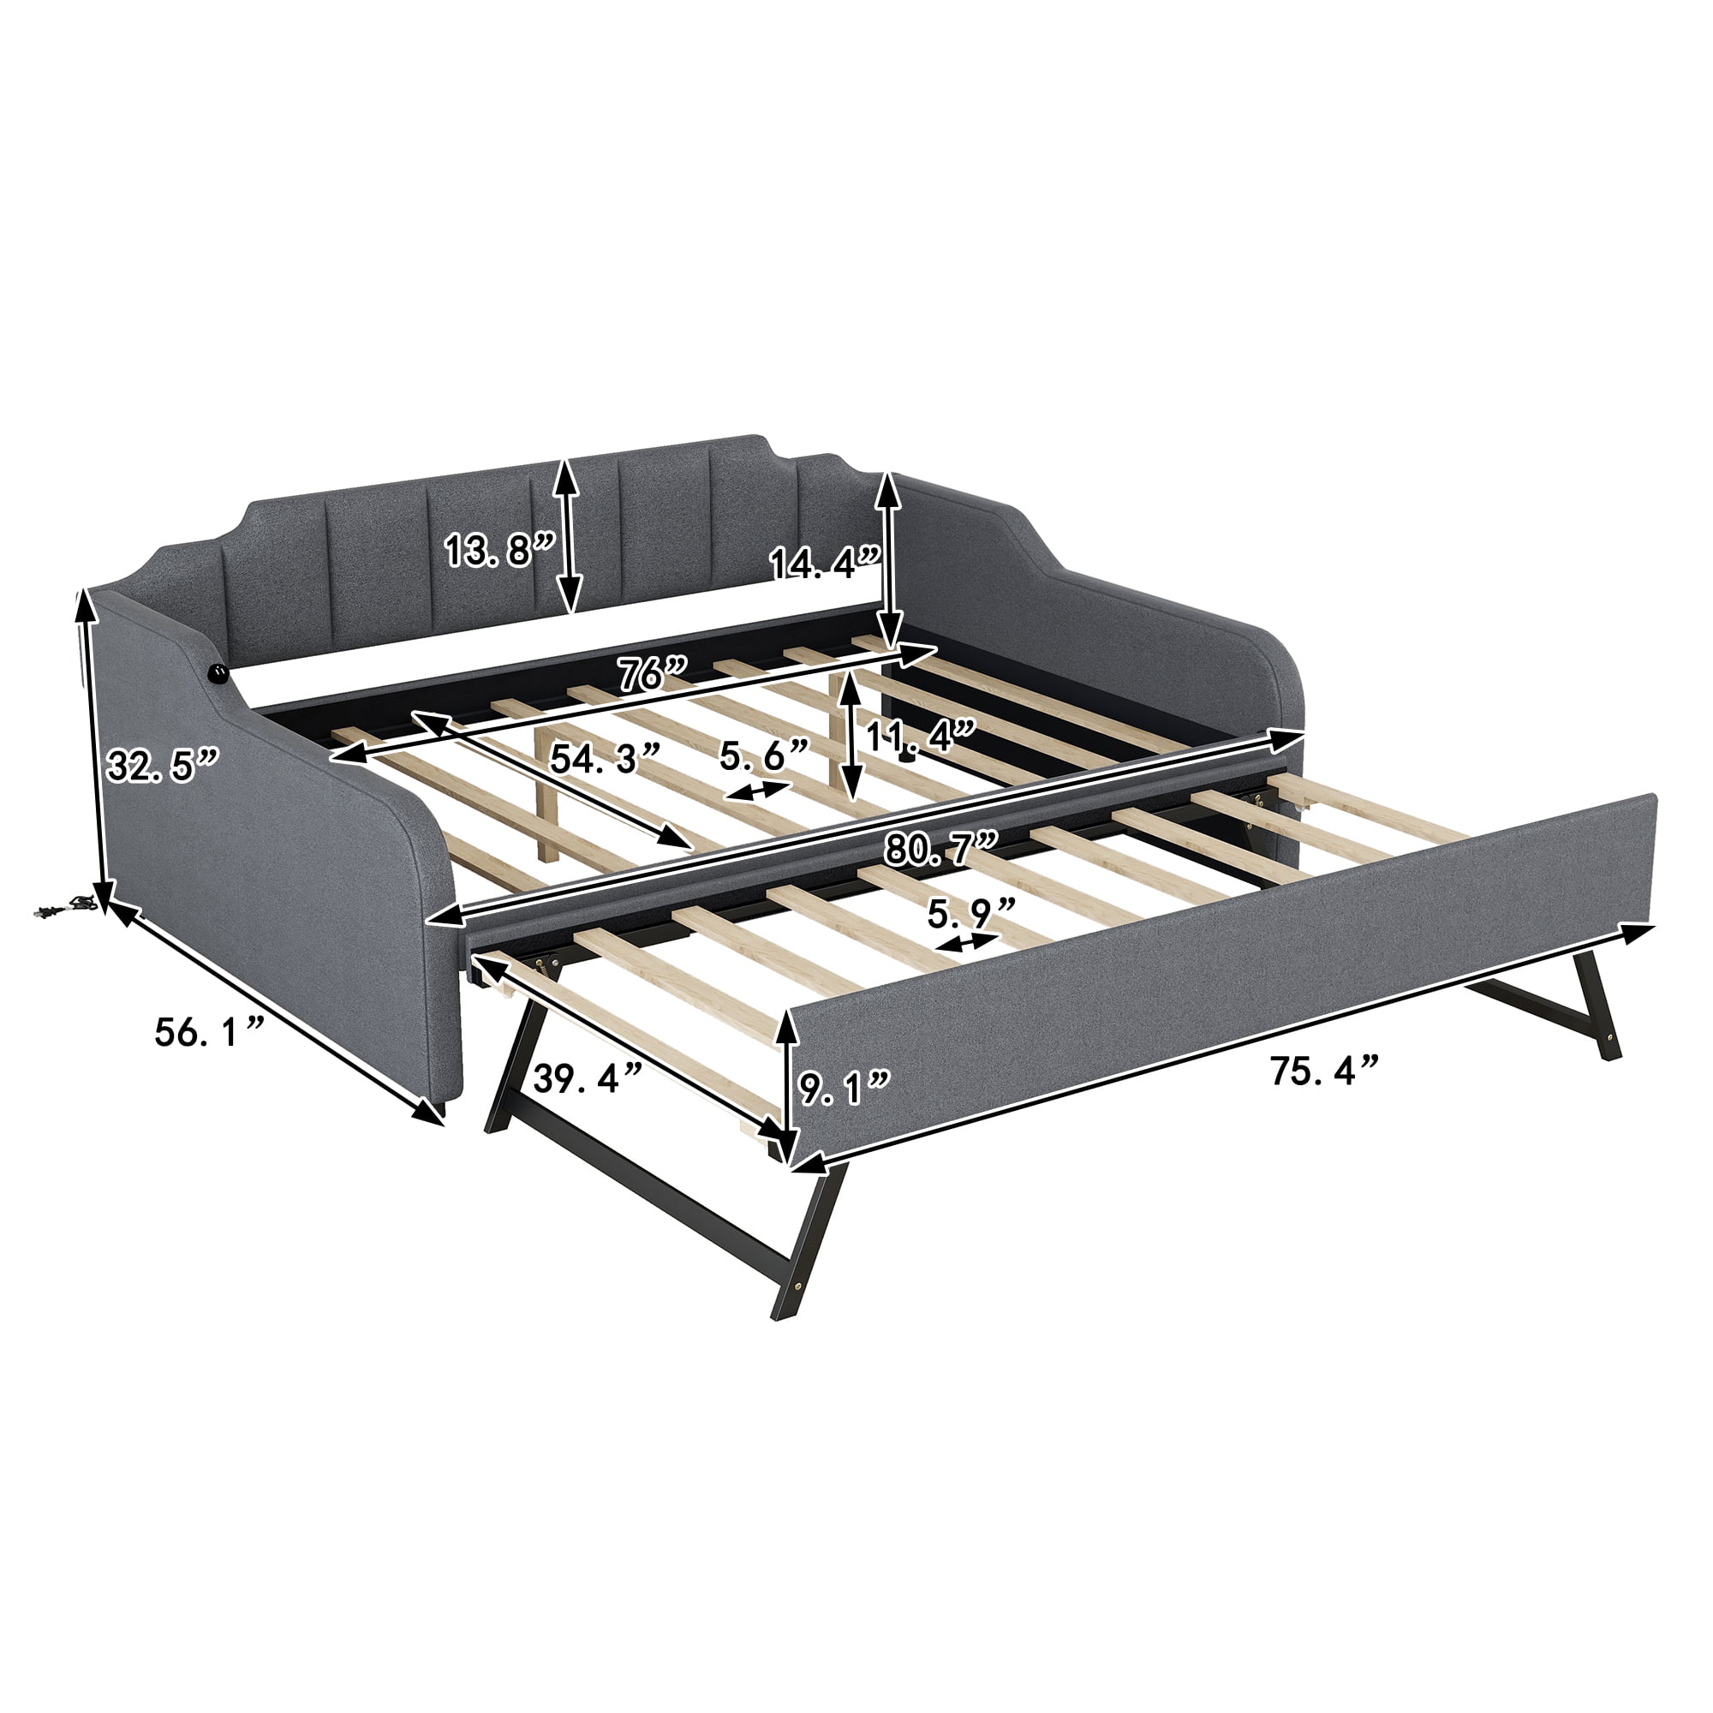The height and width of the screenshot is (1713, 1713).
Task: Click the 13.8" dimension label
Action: point(499,551)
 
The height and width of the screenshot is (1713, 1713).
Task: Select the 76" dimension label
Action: point(654,677)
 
